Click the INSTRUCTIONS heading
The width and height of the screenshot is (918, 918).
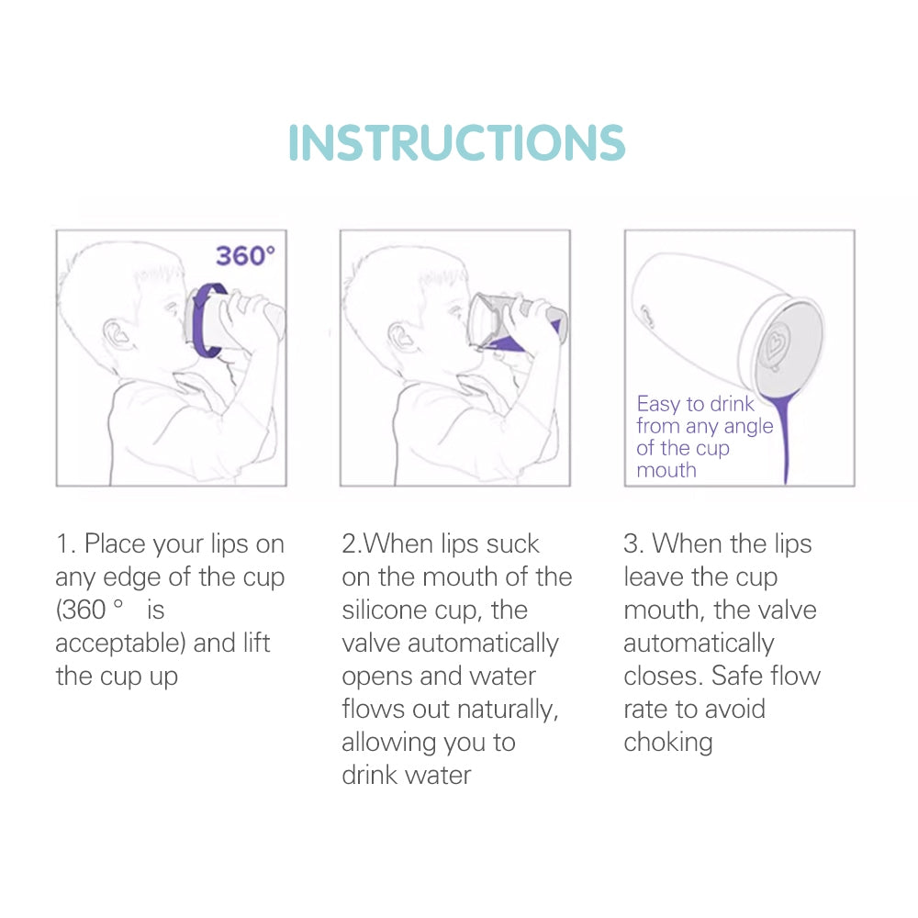[456, 142]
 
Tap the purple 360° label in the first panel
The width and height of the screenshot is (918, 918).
[245, 256]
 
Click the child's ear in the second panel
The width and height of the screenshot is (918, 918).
[400, 335]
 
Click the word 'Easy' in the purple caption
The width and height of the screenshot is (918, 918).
[658, 404]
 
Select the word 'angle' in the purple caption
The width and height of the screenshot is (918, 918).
[748, 427]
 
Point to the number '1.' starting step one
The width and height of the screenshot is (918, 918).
[65, 543]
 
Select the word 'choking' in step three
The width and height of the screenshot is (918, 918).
[668, 744]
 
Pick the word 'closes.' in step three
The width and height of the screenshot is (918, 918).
[664, 677]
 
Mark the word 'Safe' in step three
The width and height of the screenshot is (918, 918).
[738, 677]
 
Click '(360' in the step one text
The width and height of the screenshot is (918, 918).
[81, 610]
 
